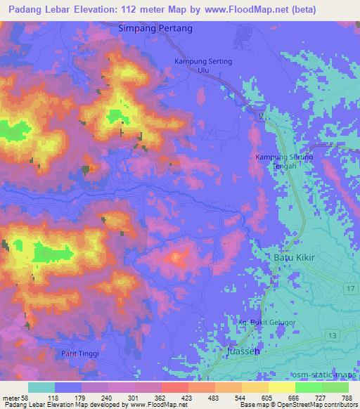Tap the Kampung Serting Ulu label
[203, 65]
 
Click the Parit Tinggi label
[76, 353]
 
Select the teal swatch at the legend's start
[41, 387]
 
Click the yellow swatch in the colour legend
[282, 387]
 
